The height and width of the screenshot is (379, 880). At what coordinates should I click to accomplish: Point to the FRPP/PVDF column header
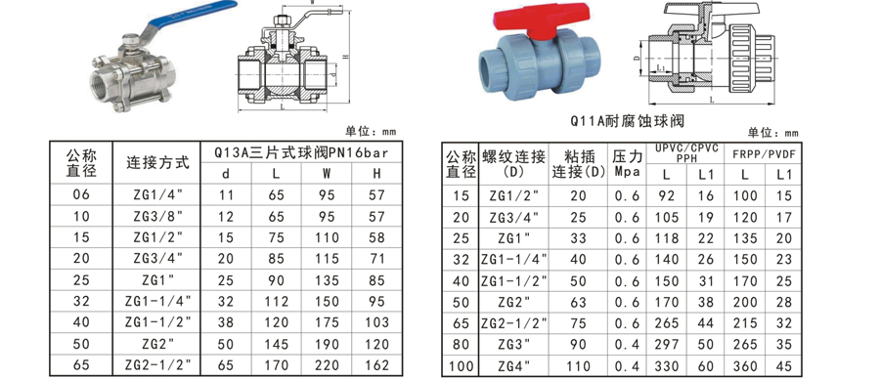[764, 153]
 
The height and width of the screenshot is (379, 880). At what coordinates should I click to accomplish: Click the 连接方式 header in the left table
[158, 163]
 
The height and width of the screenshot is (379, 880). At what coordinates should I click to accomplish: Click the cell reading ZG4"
[508, 366]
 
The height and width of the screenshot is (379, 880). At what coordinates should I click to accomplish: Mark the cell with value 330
[667, 366]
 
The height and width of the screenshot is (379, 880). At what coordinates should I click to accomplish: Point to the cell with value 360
[745, 366]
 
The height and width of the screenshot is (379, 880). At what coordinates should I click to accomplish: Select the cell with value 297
[667, 344]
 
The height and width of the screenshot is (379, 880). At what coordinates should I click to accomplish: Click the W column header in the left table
[326, 174]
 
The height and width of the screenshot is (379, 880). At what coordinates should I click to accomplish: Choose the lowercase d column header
[227, 174]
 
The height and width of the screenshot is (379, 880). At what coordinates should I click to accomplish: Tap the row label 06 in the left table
[81, 195]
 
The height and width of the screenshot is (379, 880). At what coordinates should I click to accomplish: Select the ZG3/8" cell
[158, 215]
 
